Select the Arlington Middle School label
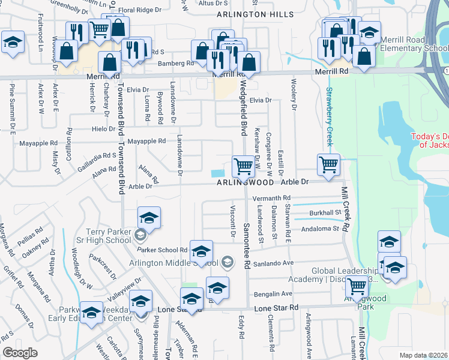pyautogui.click(x=173, y=263)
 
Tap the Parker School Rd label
pyautogui.click(x=162, y=250)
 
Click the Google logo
pyautogui.click(x=20, y=353)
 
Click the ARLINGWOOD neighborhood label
pyautogui.click(x=246, y=182)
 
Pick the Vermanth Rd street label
pyautogui.click(x=271, y=198)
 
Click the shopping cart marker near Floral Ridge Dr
pyautogui.click(x=99, y=28)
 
